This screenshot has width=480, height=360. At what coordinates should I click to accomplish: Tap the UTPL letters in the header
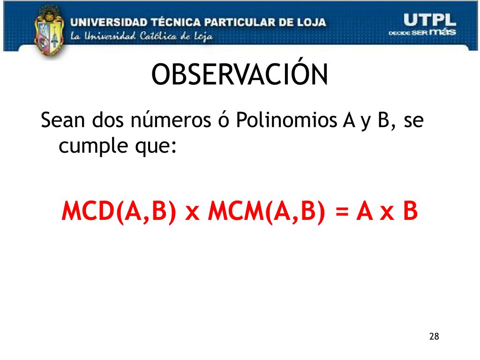click(429, 20)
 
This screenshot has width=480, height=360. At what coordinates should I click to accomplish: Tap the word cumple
click(93, 146)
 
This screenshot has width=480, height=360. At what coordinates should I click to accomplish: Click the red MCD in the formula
click(88, 211)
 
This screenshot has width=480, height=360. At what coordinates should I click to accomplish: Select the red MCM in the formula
click(236, 211)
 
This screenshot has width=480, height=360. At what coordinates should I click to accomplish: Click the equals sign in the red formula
click(342, 211)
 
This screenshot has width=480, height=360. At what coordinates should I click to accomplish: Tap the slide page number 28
click(434, 336)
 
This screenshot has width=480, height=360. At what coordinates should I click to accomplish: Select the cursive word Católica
click(158, 36)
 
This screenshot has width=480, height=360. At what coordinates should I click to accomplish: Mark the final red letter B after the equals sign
click(410, 211)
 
